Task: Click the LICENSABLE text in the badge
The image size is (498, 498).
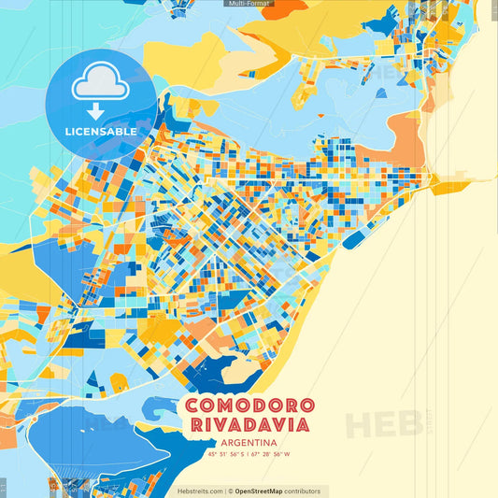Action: click(100, 132)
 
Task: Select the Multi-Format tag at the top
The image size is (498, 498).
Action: click(249, 4)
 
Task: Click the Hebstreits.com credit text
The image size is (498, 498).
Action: click(200, 491)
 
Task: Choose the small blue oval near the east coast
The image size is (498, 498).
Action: click(352, 239)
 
